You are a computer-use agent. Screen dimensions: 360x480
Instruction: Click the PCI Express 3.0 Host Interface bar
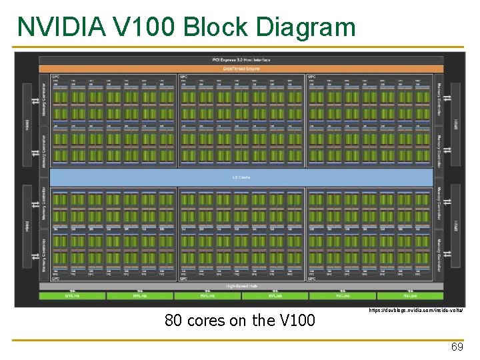coord(241,59)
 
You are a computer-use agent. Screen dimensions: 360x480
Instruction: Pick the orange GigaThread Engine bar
coord(241,69)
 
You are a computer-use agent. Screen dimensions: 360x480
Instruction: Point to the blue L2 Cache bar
coord(241,177)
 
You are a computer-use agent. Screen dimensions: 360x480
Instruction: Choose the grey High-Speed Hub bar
coord(241,286)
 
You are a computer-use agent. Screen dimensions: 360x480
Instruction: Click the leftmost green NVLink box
coord(72,295)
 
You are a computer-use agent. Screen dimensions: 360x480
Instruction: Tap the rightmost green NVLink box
coord(410,295)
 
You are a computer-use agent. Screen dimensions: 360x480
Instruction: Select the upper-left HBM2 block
coord(27,125)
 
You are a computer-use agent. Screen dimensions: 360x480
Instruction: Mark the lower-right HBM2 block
coord(456,227)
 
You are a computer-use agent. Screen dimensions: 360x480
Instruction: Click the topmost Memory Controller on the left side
coord(44,100)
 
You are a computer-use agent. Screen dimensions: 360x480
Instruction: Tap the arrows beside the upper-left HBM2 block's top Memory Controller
coord(35,100)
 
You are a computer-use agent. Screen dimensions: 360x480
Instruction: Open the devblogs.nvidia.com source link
coord(415,311)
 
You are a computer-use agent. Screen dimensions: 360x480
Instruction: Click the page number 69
coord(457,347)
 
